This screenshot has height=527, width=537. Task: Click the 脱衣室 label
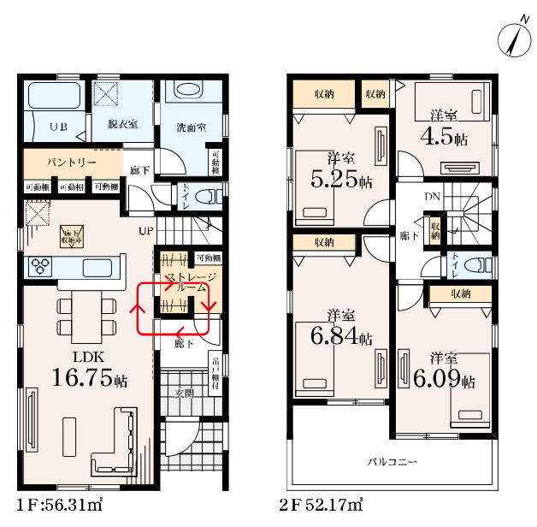122,126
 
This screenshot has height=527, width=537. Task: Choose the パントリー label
71,163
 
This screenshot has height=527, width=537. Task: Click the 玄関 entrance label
185,394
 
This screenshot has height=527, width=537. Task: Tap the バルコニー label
392,462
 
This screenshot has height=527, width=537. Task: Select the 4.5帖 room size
442,136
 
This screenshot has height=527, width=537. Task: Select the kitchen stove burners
41,266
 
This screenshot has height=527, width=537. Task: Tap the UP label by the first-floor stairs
146,231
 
